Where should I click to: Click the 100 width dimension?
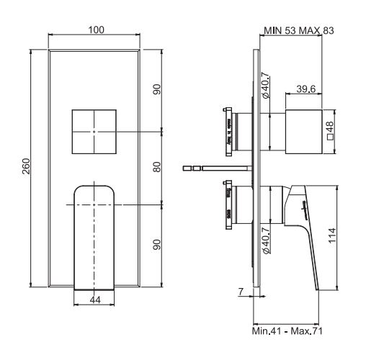click(95, 29)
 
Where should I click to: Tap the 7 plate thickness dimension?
click(240, 293)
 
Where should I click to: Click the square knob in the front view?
click(94, 132)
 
